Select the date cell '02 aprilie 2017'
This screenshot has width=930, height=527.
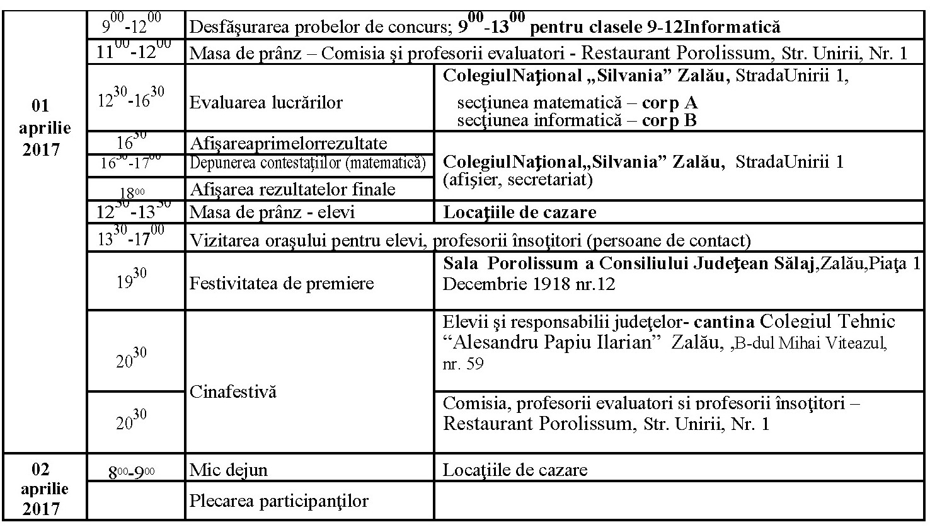[44, 489]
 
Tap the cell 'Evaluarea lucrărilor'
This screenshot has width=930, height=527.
[266, 102]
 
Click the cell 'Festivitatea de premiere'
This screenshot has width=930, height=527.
[282, 283]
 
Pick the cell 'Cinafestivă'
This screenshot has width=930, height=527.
[233, 391]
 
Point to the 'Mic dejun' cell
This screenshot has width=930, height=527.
[229, 470]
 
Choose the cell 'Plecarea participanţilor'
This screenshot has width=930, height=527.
[278, 501]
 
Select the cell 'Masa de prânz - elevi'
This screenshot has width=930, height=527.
[272, 212]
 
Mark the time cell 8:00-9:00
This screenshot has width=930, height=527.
[132, 471]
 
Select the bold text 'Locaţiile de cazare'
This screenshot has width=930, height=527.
[520, 212]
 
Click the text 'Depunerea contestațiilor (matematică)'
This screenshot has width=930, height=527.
[308, 164]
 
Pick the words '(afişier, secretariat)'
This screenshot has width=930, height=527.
[517, 181]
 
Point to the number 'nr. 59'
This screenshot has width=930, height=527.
[463, 364]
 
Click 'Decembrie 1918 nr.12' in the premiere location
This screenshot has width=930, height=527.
[529, 284]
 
